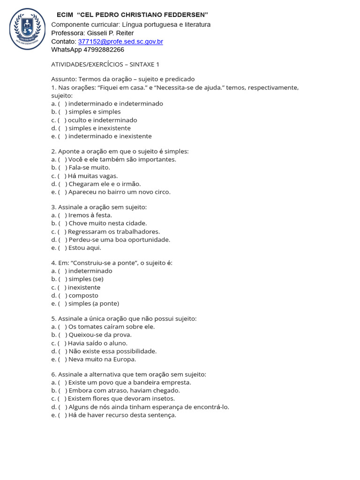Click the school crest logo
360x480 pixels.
(27, 29)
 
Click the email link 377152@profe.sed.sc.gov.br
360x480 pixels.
(120, 42)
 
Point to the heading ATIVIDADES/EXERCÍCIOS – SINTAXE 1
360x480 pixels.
(105, 64)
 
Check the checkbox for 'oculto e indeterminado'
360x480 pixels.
(62, 120)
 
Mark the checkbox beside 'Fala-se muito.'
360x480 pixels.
(62, 168)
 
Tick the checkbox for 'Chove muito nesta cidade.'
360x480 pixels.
(62, 224)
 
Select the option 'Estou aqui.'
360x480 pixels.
(84, 248)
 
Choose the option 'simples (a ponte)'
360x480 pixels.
(94, 303)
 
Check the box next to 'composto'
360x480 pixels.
(62, 295)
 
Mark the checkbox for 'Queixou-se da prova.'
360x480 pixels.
(62, 335)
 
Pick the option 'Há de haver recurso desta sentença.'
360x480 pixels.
(122, 415)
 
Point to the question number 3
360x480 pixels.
(53, 207)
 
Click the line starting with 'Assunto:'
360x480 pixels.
(123, 79)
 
